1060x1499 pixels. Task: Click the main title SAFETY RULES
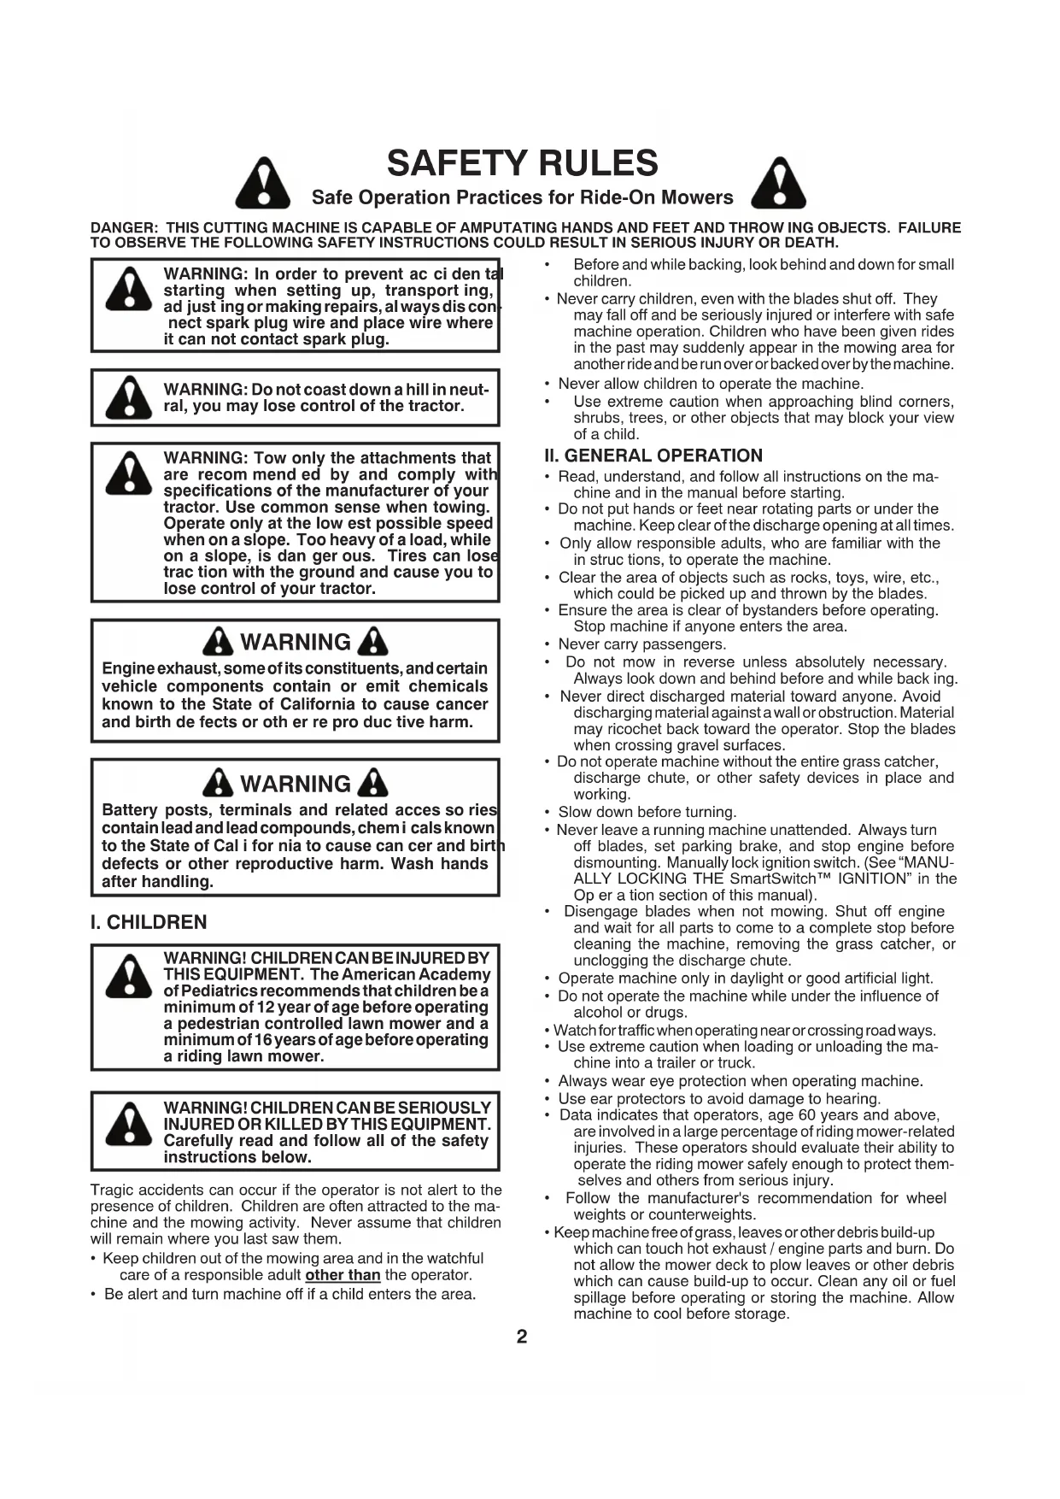(522, 163)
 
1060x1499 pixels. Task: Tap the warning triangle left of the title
(263, 184)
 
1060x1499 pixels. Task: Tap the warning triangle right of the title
(778, 184)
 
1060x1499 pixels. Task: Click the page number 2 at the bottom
(522, 1337)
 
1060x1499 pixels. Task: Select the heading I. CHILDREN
(149, 922)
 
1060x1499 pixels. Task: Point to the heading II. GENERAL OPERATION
(653, 456)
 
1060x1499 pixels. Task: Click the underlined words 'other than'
(343, 1275)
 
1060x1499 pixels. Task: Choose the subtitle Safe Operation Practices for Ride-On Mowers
(522, 197)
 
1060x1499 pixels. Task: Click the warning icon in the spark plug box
(128, 289)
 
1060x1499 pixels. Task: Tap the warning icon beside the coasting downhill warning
(128, 397)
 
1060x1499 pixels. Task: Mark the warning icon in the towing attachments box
(128, 473)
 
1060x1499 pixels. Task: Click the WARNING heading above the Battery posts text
(296, 784)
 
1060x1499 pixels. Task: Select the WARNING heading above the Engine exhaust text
(296, 642)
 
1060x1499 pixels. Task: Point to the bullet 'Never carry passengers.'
(641, 644)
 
